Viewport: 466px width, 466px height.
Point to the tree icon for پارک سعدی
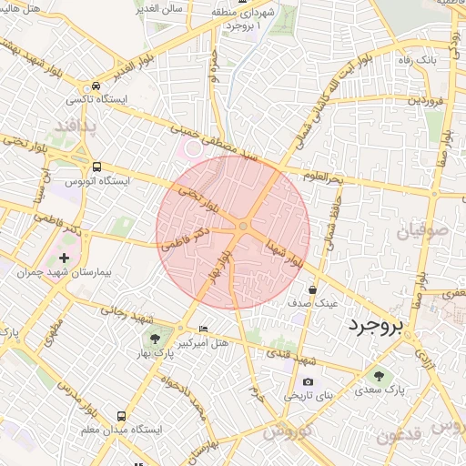click(x=378, y=374)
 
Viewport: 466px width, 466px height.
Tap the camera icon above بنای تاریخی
click(x=308, y=380)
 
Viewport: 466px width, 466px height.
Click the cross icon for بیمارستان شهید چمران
click(x=64, y=258)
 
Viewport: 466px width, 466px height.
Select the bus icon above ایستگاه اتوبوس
click(x=97, y=167)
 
